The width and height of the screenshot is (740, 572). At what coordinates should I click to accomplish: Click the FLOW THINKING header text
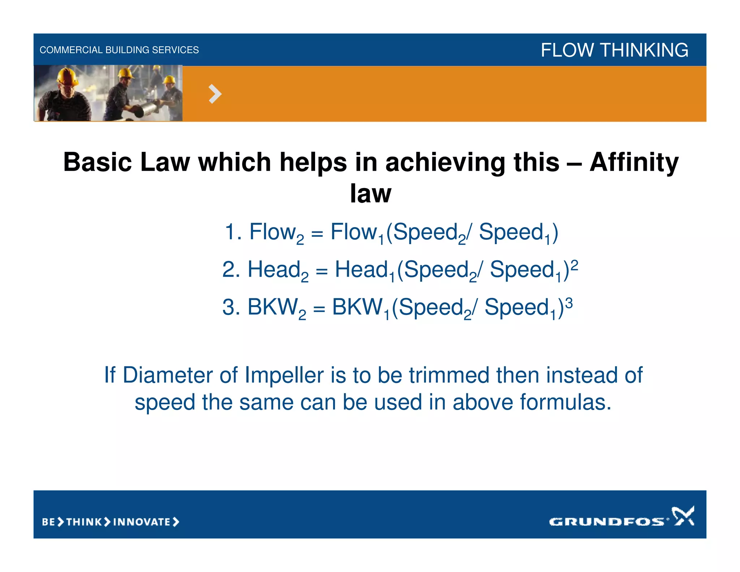(614, 50)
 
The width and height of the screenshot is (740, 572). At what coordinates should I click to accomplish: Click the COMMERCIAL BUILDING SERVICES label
(119, 50)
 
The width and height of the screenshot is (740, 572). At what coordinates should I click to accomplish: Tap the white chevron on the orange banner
(215, 94)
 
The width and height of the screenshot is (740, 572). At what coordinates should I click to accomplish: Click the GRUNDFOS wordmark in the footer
(606, 521)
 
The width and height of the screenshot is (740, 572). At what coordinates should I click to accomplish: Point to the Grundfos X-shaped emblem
(683, 516)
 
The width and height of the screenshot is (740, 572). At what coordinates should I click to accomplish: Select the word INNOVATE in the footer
(142, 522)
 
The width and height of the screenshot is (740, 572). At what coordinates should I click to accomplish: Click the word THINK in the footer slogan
(84, 522)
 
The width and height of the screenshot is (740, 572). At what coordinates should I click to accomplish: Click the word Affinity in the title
(634, 162)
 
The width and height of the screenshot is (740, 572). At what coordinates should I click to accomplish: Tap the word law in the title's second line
(370, 193)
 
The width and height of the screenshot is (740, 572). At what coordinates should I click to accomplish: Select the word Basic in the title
(97, 162)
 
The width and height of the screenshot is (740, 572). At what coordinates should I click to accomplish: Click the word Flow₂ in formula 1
(276, 232)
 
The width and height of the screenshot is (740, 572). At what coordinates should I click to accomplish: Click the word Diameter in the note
(168, 375)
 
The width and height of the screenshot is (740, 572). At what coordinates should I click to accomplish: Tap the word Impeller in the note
(284, 375)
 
